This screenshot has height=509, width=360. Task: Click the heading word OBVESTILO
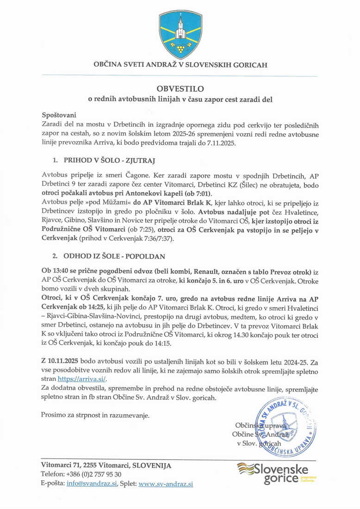coord(180,88)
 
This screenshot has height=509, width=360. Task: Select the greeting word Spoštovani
coord(59,115)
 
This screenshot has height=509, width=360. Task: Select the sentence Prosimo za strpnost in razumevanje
coord(95,415)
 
